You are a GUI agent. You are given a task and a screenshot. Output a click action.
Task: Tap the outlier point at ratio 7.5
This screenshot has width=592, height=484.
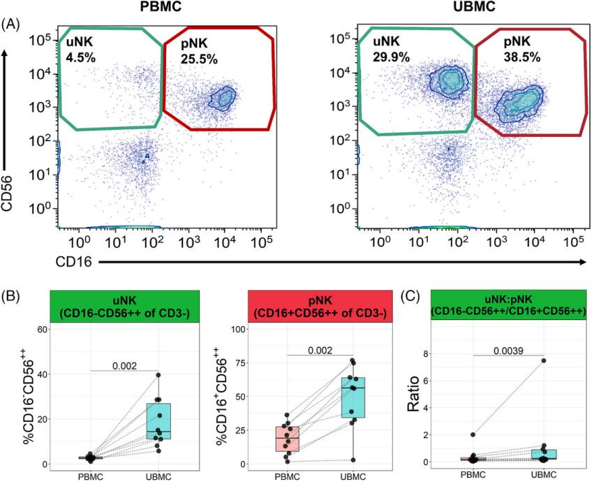pyautogui.click(x=544, y=360)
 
